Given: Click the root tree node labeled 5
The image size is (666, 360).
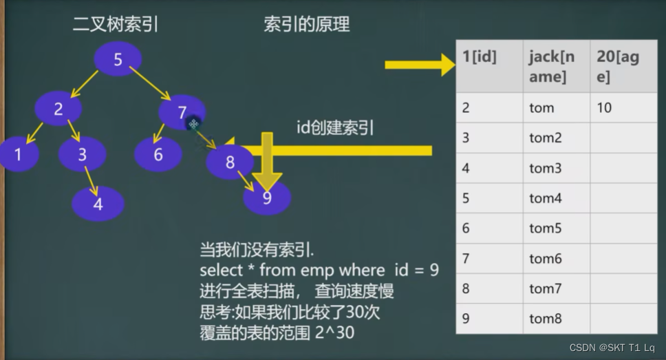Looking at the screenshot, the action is coord(118,59).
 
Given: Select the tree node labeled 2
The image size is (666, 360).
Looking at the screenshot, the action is coord(58,108).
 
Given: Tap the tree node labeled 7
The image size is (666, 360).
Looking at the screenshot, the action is coord(182,112).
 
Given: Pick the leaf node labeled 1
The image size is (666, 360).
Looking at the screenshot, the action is coord(19,154).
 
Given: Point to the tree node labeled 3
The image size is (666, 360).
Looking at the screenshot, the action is coord(82,154).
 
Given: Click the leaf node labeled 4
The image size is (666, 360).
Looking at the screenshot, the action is coord(98,204).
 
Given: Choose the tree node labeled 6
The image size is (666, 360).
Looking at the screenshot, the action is coord(158,154).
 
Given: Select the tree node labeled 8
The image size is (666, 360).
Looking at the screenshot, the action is coord(230,162).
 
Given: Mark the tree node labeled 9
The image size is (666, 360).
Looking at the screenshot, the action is coord(267,198).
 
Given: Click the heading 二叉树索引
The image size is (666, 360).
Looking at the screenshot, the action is coord(116,25).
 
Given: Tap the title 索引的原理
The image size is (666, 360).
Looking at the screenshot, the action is coord(307,24).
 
